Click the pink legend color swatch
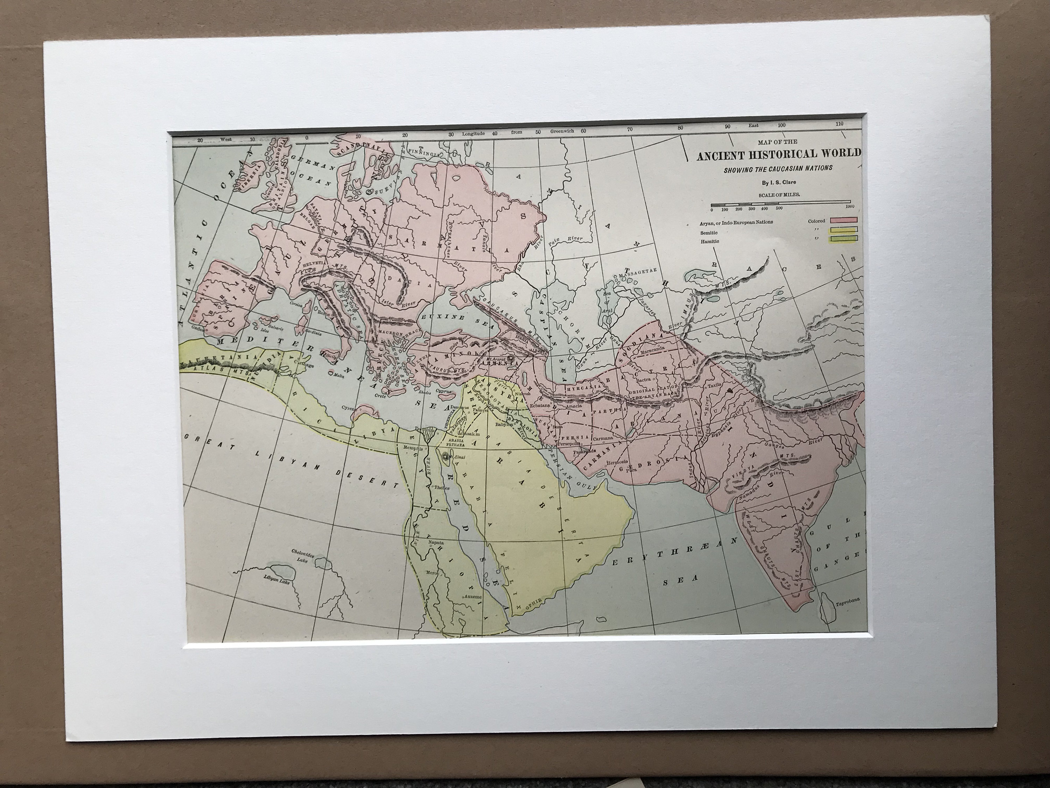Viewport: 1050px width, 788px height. (843, 220)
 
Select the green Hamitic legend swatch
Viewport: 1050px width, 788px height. (843, 240)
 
